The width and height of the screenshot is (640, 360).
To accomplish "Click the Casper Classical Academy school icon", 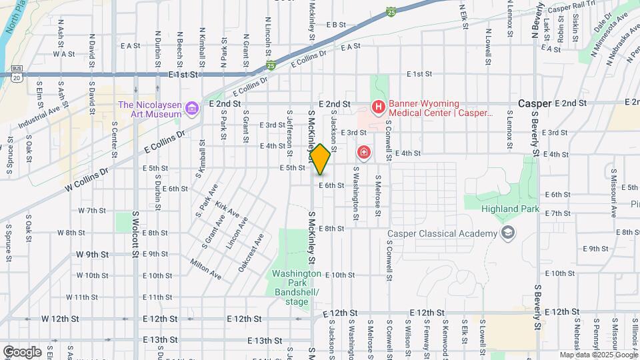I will click(x=509, y=233).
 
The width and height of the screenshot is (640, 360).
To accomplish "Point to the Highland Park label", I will click(x=509, y=208).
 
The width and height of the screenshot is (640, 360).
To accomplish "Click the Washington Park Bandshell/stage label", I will click(x=297, y=288).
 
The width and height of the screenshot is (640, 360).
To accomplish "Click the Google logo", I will click(x=22, y=351).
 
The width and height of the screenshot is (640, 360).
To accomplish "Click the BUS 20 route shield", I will click(x=16, y=73).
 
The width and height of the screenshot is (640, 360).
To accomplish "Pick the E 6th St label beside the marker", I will click(x=331, y=185).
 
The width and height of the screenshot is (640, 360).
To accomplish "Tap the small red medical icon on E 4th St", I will click(x=363, y=153).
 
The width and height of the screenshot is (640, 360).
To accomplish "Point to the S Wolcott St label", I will click(x=135, y=233).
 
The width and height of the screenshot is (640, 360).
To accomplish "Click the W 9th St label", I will click(x=92, y=254).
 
